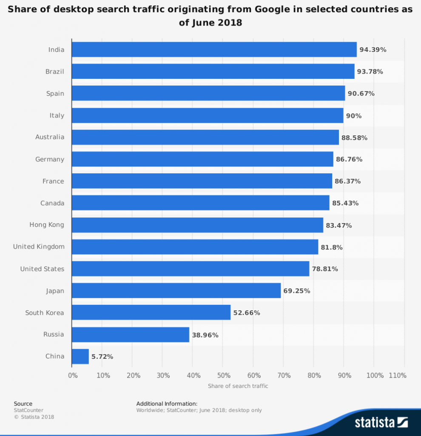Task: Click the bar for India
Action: [x=214, y=49]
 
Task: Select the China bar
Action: [x=80, y=356]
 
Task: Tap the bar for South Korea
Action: [x=151, y=313]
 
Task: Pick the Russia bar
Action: [x=130, y=335]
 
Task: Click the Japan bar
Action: [x=176, y=291]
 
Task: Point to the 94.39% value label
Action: [x=373, y=50]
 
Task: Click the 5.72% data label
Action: [x=102, y=357]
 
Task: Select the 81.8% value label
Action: [x=332, y=247]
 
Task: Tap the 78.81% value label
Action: [x=325, y=269]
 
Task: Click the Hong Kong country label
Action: [x=47, y=225]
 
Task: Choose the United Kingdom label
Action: [x=39, y=247]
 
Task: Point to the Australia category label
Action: [x=50, y=137]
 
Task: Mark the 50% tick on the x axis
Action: [x=224, y=376]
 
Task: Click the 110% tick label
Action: [x=397, y=376]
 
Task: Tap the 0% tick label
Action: [x=73, y=376]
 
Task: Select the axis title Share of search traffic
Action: [x=238, y=386]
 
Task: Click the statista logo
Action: [x=381, y=422]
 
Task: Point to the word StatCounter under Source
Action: [x=28, y=410]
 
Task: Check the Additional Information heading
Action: [x=167, y=404]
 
